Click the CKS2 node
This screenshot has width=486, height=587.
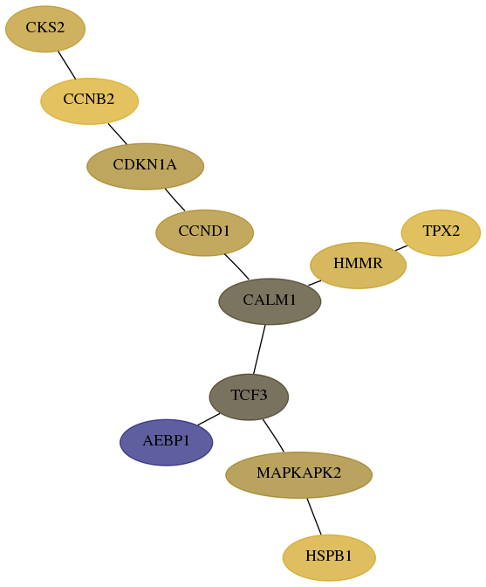45,29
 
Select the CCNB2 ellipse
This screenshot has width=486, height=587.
89,101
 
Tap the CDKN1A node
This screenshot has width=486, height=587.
145,166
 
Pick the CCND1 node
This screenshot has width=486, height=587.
204,233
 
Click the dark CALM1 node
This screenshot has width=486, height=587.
270,301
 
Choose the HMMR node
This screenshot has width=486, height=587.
358,266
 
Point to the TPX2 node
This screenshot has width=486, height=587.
441,233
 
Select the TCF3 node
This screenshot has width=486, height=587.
249,397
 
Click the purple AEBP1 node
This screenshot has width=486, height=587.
167,443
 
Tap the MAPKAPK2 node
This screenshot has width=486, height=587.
298,475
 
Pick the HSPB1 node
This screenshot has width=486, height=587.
329,558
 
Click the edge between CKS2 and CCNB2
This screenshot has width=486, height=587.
67,66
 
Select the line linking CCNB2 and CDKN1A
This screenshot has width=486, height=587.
118,134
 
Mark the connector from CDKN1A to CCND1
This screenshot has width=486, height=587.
175,199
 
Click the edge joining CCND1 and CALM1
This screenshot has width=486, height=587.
236,266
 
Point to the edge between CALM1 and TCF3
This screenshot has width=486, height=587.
259,349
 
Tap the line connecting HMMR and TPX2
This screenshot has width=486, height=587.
401,248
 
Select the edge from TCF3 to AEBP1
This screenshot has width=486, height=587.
209,419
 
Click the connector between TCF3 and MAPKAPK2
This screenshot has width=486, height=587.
273,435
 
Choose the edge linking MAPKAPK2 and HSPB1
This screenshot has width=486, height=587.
314,516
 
